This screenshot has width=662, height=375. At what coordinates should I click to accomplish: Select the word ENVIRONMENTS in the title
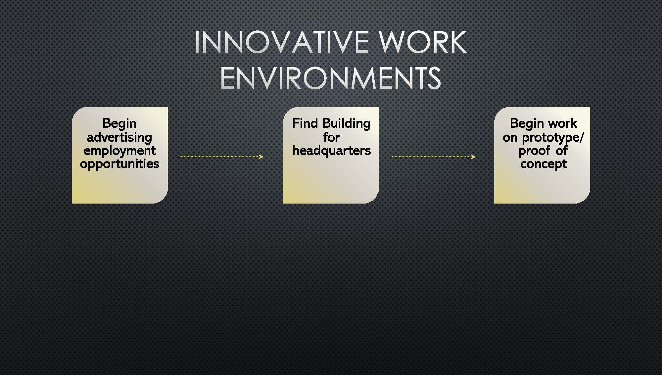point(331,78)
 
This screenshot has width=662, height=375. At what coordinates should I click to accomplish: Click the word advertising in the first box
point(119,137)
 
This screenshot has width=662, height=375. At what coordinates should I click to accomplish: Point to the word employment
point(119,151)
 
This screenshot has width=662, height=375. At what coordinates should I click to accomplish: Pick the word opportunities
point(119,164)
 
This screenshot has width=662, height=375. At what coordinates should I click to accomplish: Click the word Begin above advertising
point(119,124)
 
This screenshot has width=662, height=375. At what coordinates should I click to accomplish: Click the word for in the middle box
point(331,137)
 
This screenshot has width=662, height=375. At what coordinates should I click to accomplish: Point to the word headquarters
point(331,151)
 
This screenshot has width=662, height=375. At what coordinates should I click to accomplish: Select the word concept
point(544,164)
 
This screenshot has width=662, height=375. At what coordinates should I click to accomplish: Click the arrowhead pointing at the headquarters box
point(261,157)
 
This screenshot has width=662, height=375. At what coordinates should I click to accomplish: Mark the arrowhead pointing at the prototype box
point(473,157)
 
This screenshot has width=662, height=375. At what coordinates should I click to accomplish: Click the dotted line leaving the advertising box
point(221,157)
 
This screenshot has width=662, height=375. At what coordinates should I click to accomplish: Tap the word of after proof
point(562,151)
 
